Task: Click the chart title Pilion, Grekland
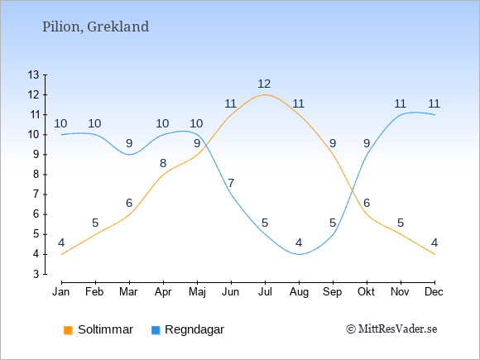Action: pos(95,26)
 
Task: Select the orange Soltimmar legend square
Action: pos(68,330)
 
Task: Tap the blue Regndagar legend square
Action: pos(156,330)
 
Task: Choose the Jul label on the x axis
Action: pos(265,292)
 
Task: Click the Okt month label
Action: pos(367,292)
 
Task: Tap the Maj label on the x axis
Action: pos(197,292)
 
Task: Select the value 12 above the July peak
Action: pos(264,84)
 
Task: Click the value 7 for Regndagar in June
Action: pos(231,184)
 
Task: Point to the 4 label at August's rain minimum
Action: pos(299,242)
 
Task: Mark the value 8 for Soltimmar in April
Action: pos(163,164)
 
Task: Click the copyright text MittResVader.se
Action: pos(391,329)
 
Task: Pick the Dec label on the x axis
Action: pos(434,292)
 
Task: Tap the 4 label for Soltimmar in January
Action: pos(61,242)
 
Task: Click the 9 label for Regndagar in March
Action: pos(129,143)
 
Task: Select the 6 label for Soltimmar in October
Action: pos(367,203)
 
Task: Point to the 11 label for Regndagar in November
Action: pos(400,103)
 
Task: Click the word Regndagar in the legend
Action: pos(194,330)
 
